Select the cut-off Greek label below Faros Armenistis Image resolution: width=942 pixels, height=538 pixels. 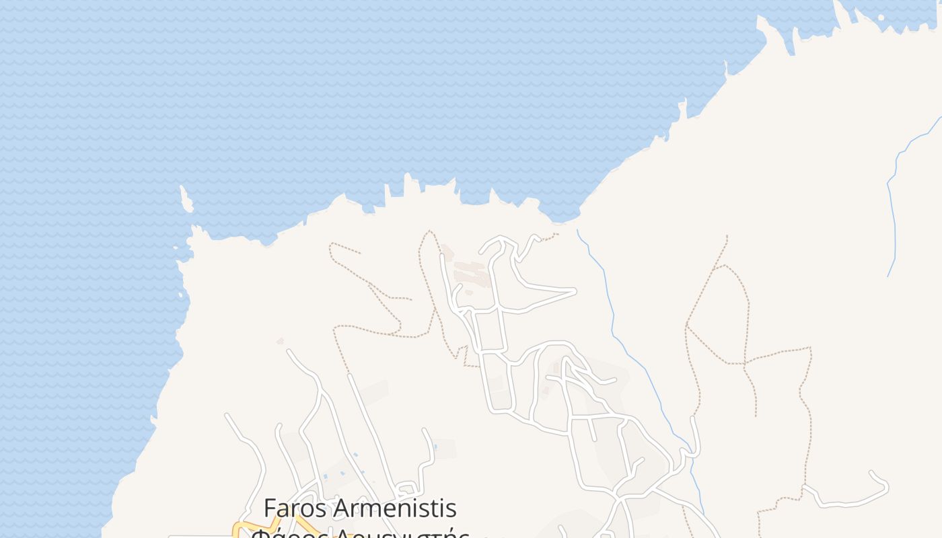click(x=360, y=533)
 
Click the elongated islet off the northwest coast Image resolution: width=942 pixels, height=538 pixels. click(x=185, y=199)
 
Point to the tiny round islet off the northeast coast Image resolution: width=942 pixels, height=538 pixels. click(x=881, y=17)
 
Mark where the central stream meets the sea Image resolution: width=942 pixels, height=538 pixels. click(x=578, y=230)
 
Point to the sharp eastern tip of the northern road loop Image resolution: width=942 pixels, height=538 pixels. click(x=575, y=291)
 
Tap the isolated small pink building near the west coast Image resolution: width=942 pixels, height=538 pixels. click(x=280, y=341)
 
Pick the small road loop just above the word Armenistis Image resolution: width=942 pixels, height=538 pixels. click(x=407, y=490)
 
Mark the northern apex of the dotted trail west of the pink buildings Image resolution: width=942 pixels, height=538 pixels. click(x=428, y=232)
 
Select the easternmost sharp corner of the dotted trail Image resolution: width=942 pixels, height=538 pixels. click(x=811, y=348)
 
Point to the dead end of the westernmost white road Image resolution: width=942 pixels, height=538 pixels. click(x=227, y=415)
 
